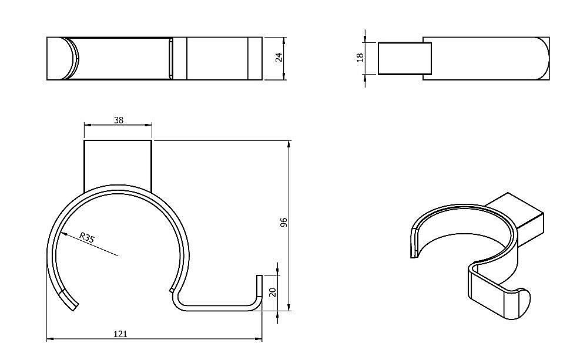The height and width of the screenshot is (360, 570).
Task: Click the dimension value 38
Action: click(x=118, y=120)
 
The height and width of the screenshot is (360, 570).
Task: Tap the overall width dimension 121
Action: click(x=120, y=334)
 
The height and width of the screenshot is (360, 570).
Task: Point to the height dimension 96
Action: click(x=283, y=223)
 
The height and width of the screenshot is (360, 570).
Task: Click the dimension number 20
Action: click(x=272, y=292)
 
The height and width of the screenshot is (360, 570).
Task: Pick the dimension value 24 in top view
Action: click(x=279, y=57)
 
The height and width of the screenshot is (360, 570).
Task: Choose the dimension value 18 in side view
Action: click(x=360, y=57)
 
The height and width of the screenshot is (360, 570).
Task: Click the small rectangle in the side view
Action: click(x=404, y=58)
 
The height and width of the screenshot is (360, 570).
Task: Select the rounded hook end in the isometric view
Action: click(x=521, y=304)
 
